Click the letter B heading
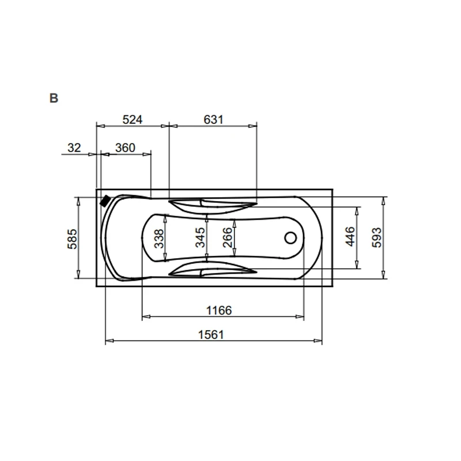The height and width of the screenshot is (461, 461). click(54, 98)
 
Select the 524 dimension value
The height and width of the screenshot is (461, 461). click(133, 120)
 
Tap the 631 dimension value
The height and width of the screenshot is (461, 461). click(213, 120)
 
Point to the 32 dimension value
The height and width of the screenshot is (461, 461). click(74, 148)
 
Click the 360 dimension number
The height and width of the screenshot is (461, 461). click(125, 148)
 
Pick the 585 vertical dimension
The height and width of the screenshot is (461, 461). click(73, 239)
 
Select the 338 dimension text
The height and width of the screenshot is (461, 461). click(159, 239)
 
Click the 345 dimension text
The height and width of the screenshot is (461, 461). click(200, 237)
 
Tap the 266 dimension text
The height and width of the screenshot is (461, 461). click(228, 237)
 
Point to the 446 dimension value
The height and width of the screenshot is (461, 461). click(350, 236)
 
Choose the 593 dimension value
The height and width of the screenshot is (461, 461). click(377, 237)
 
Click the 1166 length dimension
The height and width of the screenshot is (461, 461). click(219, 311)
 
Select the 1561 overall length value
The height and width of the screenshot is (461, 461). click(211, 335)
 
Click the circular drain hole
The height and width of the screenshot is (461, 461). click(291, 237)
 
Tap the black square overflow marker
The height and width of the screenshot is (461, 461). click(105, 201)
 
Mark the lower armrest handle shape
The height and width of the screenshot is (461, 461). click(213, 269)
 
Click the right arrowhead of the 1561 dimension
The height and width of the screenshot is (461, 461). click(318, 341)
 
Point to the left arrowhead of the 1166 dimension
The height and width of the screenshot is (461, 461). click(146, 316)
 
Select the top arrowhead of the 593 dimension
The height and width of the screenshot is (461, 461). click(383, 201)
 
